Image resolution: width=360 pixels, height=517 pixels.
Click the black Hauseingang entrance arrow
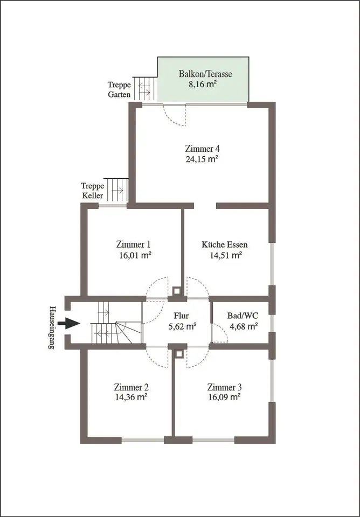tap(68, 323)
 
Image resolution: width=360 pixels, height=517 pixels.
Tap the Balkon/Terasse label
tap(205, 74)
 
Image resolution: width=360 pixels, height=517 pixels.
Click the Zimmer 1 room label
tap(133, 244)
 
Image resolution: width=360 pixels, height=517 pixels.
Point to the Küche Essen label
tap(225, 244)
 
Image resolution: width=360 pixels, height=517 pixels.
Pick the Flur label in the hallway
tap(181, 316)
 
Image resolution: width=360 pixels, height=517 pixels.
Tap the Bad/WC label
tap(243, 316)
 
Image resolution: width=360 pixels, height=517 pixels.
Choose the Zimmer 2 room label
tap(131, 387)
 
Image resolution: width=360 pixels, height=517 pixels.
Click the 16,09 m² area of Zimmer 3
tap(224, 397)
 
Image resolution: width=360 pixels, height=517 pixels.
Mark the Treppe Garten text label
tap(120, 90)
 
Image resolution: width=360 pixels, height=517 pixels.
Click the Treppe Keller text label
tap(93, 191)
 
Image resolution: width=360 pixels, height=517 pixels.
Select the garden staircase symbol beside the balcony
tap(144, 88)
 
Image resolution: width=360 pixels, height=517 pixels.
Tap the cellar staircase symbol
tap(116, 190)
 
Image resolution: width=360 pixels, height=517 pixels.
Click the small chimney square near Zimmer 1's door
tap(177, 291)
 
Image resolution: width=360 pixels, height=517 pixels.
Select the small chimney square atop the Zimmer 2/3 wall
tap(179, 354)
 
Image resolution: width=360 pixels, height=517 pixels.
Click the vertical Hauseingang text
tap(52, 327)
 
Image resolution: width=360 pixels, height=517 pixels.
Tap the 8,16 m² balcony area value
tap(203, 84)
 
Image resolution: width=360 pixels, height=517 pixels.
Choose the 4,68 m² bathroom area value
tap(244, 326)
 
